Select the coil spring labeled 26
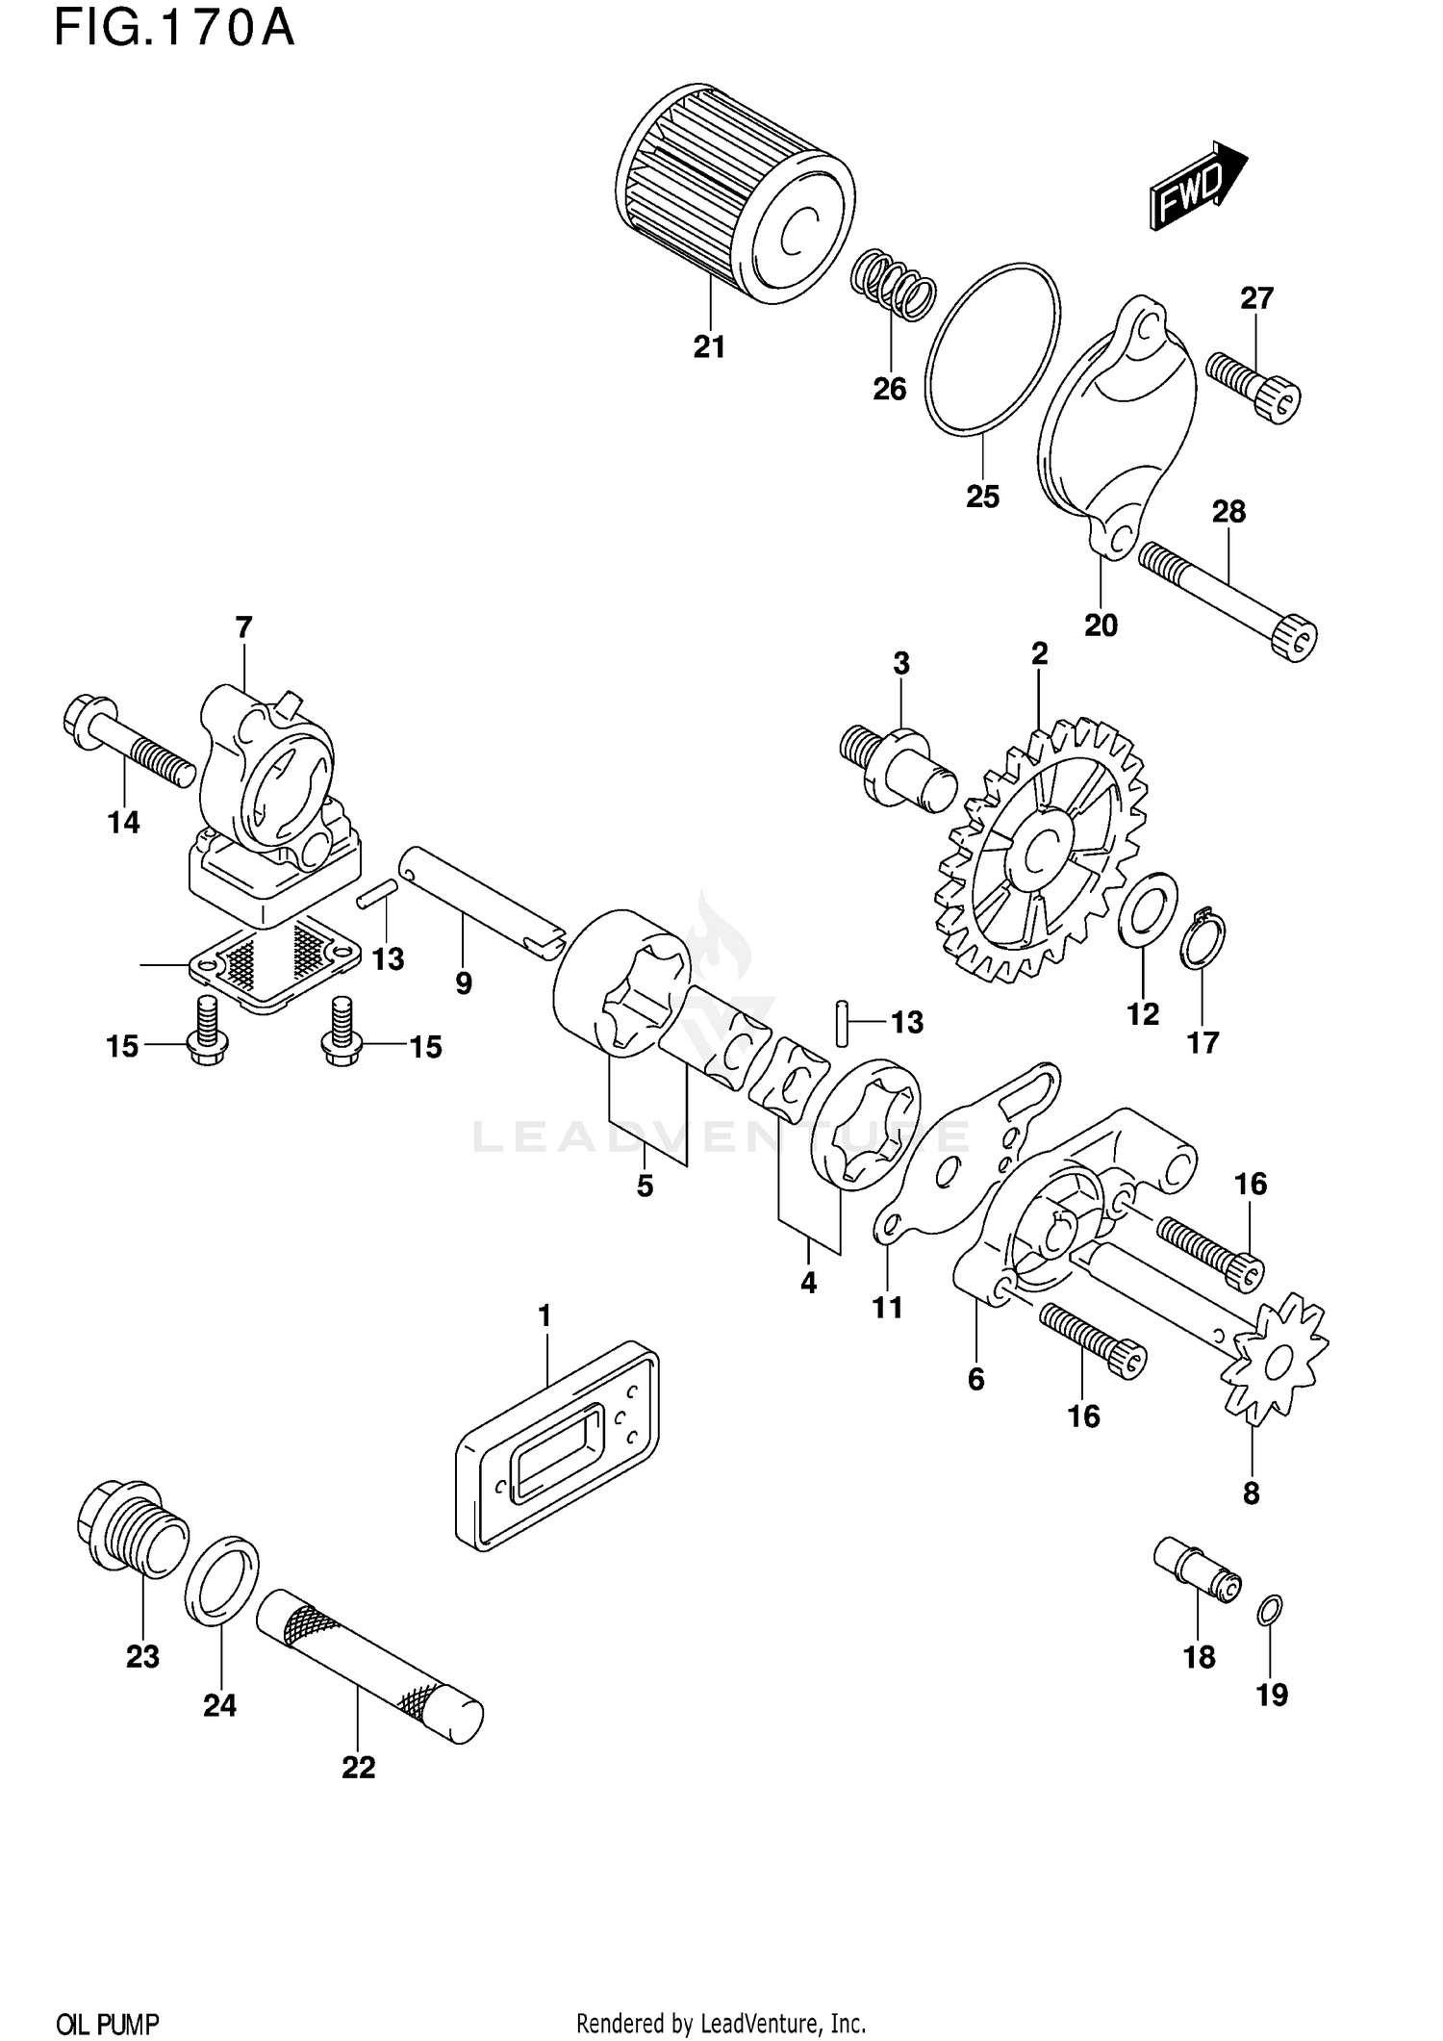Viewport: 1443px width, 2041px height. [893, 285]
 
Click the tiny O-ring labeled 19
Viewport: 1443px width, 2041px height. [1270, 1609]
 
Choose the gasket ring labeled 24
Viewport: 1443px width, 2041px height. [221, 1580]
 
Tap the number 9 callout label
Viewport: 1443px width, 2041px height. [464, 983]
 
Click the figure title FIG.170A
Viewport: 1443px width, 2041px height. [173, 27]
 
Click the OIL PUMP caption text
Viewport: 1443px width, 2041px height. [108, 2023]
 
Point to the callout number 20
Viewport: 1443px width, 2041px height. [1101, 625]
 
